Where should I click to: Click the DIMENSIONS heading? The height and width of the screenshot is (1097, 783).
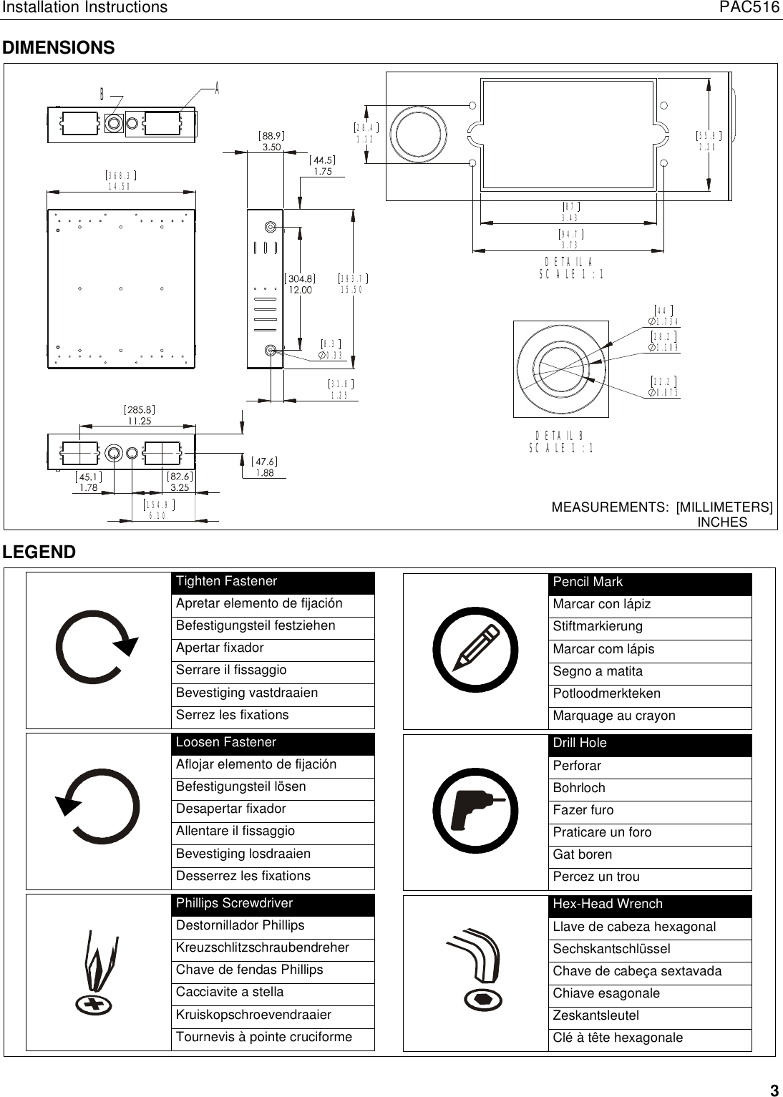59,48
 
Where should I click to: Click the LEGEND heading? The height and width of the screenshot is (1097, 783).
39,552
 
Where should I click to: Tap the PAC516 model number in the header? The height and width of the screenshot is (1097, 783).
749,8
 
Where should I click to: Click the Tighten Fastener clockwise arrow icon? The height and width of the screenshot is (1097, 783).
96,647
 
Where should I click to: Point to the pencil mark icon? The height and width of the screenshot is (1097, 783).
475,650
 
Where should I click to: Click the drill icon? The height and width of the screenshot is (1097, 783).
475,811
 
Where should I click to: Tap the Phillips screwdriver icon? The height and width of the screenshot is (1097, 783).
98,973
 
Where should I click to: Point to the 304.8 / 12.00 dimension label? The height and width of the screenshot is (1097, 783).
301,284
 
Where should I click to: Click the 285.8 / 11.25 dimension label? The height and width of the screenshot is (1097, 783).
140,416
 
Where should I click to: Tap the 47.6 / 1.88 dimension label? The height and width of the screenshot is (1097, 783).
264,467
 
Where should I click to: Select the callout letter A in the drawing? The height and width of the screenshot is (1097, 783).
216,88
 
